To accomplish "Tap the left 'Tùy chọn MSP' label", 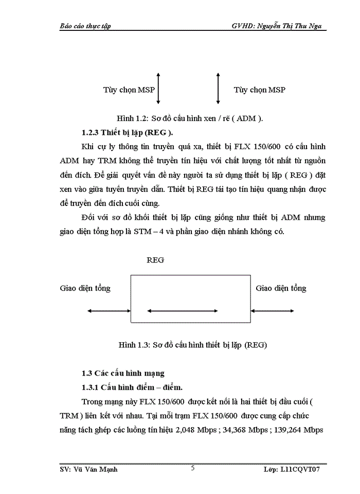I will click(x=127, y=90).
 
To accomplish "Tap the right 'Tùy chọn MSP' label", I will click(x=259, y=90).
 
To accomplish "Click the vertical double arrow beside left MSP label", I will click(x=159, y=89).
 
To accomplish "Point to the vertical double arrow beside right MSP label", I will click(x=218, y=89).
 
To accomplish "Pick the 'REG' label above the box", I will click(x=155, y=260).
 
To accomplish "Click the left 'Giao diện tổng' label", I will click(x=85, y=288).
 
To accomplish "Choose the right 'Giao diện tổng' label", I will click(x=281, y=288).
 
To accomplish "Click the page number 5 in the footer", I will click(x=192, y=468).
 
